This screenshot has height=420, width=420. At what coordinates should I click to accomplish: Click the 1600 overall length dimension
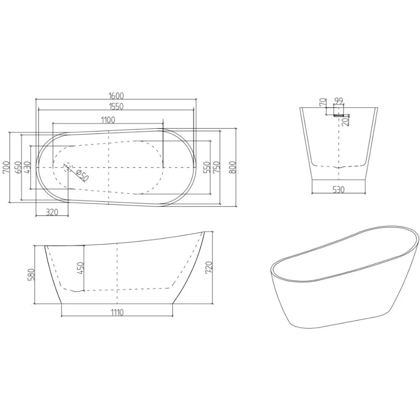(115, 95)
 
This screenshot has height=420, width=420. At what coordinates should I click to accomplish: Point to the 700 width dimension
(6, 167)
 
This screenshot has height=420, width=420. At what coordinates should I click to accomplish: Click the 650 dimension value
(17, 167)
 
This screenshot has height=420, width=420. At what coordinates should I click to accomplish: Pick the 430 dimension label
(27, 167)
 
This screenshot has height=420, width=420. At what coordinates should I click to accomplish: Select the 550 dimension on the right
(206, 167)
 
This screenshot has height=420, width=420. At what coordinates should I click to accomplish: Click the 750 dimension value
(216, 167)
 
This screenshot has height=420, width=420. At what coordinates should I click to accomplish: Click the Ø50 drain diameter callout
(83, 176)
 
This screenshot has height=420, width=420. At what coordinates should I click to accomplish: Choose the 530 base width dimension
(339, 189)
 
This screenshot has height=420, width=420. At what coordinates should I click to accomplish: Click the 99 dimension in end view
(339, 101)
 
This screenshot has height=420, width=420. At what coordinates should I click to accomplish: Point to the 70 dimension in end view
(323, 102)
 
